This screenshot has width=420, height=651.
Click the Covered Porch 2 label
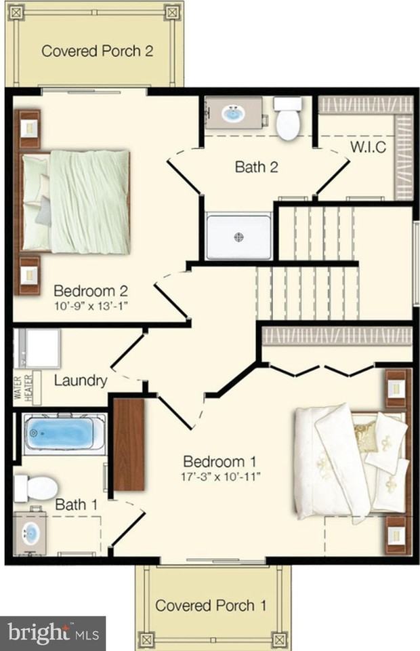tap(97, 51)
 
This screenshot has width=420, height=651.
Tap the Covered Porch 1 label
tap(211, 606)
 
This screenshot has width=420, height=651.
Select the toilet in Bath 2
tap(288, 118)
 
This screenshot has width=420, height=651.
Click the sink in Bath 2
tap(234, 113)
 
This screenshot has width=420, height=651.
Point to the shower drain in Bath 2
tap(239, 237)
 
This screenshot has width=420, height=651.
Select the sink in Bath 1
tap(30, 533)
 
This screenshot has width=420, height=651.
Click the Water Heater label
tap(23, 388)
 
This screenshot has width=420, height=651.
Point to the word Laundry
tap(81, 380)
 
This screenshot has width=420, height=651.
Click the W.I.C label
tap(368, 146)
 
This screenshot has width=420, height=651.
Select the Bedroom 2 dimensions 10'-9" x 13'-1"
tap(91, 307)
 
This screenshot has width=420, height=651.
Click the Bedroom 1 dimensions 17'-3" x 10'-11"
tap(221, 476)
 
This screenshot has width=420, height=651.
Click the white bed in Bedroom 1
tap(351, 462)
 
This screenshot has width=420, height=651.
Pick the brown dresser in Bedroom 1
tap(129, 445)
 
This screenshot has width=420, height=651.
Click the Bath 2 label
tap(256, 167)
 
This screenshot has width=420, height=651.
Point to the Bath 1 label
tap(77, 505)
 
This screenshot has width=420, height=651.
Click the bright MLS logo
tap(53, 633)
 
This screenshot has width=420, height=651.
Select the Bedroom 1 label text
tap(219, 461)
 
